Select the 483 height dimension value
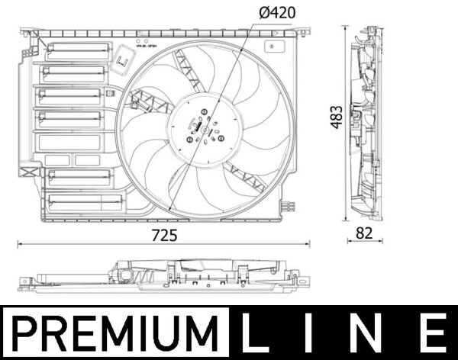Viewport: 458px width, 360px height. click(x=336, y=116)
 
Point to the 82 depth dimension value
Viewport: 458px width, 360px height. click(x=365, y=235)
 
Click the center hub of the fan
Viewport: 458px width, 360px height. click(x=203, y=128)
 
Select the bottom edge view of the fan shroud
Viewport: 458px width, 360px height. click(x=163, y=276)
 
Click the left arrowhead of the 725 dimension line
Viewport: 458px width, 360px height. click(x=19, y=244)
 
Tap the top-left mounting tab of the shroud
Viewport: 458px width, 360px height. click(x=27, y=34)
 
